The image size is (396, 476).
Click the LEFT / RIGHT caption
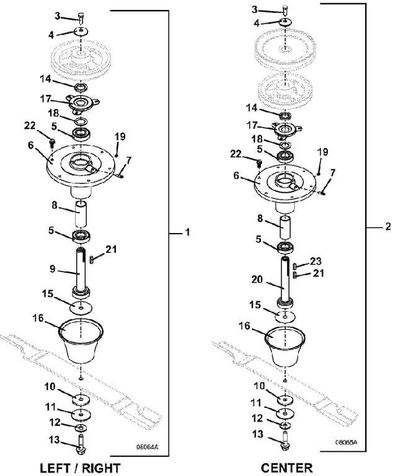81,469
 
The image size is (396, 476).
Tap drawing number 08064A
147,447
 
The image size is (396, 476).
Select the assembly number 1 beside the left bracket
188,232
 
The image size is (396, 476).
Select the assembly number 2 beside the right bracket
388,226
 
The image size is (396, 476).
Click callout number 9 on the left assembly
53,268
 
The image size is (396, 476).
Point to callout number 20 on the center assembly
257,279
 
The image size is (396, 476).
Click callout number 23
316,261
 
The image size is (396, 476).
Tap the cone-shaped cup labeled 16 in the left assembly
81,341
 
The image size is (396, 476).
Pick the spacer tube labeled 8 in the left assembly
81,213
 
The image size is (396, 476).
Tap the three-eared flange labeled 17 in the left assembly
81,104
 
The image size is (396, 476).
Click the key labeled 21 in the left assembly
91,260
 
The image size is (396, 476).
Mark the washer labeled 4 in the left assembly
81,31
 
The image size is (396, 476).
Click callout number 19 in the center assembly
322,151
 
